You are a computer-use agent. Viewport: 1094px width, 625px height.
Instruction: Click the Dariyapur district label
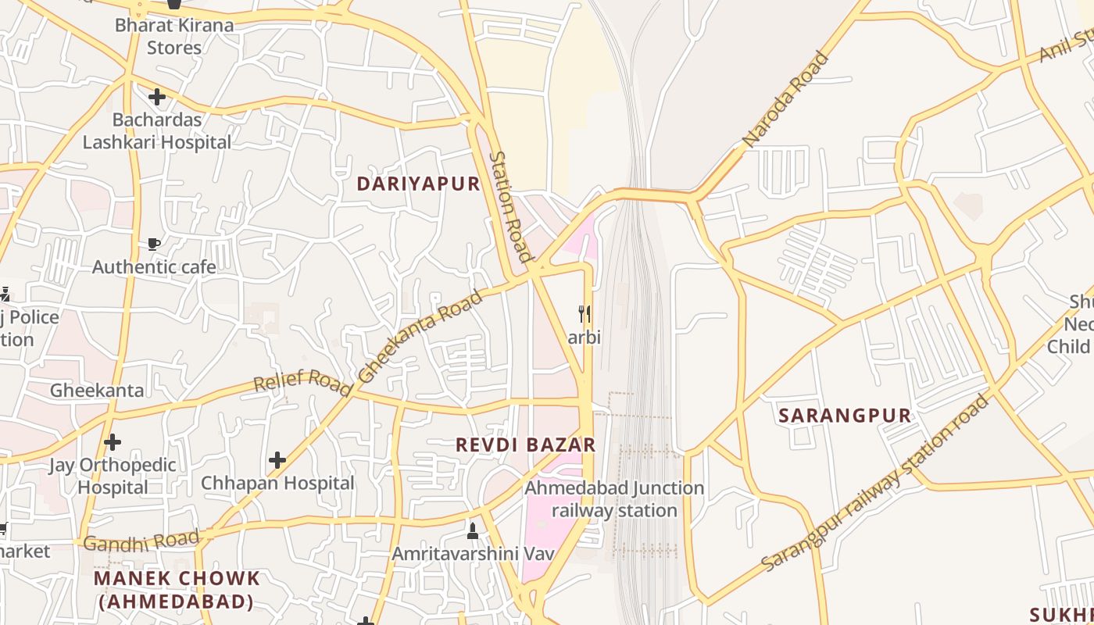pyautogui.click(x=418, y=184)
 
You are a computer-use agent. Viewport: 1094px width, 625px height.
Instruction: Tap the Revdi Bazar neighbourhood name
pyautogui.click(x=526, y=445)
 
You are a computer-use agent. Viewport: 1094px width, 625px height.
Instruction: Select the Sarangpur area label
pyautogui.click(x=845, y=416)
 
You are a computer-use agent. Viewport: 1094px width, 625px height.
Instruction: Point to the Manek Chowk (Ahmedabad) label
pyautogui.click(x=177, y=590)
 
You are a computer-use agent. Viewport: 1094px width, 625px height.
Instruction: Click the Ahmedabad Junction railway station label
pyautogui.click(x=614, y=499)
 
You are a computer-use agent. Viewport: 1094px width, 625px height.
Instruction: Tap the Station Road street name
pyautogui.click(x=510, y=206)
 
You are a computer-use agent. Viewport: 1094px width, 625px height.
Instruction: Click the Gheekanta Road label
pyautogui.click(x=420, y=337)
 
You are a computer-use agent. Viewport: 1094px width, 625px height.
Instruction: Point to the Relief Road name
pyautogui.click(x=303, y=382)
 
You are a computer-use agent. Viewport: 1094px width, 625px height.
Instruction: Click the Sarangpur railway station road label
pyautogui.click(x=875, y=483)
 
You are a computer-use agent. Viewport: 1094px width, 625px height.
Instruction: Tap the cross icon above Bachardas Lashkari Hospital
pyautogui.click(x=157, y=97)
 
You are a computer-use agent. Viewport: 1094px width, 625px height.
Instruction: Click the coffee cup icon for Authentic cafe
pyautogui.click(x=154, y=245)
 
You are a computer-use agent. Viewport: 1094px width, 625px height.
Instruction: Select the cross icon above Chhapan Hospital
pyautogui.click(x=277, y=460)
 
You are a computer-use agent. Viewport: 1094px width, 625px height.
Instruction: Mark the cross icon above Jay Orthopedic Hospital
pyautogui.click(x=113, y=442)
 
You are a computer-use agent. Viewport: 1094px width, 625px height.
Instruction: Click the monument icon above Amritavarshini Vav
pyautogui.click(x=472, y=530)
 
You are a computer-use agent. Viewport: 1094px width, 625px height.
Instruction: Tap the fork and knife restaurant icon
pyautogui.click(x=584, y=314)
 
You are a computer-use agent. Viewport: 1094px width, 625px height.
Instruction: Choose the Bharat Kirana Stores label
pyautogui.click(x=174, y=36)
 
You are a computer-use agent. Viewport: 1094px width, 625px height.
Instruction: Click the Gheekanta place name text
pyautogui.click(x=97, y=390)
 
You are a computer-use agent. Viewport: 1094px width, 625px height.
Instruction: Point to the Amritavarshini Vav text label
pyautogui.click(x=473, y=553)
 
